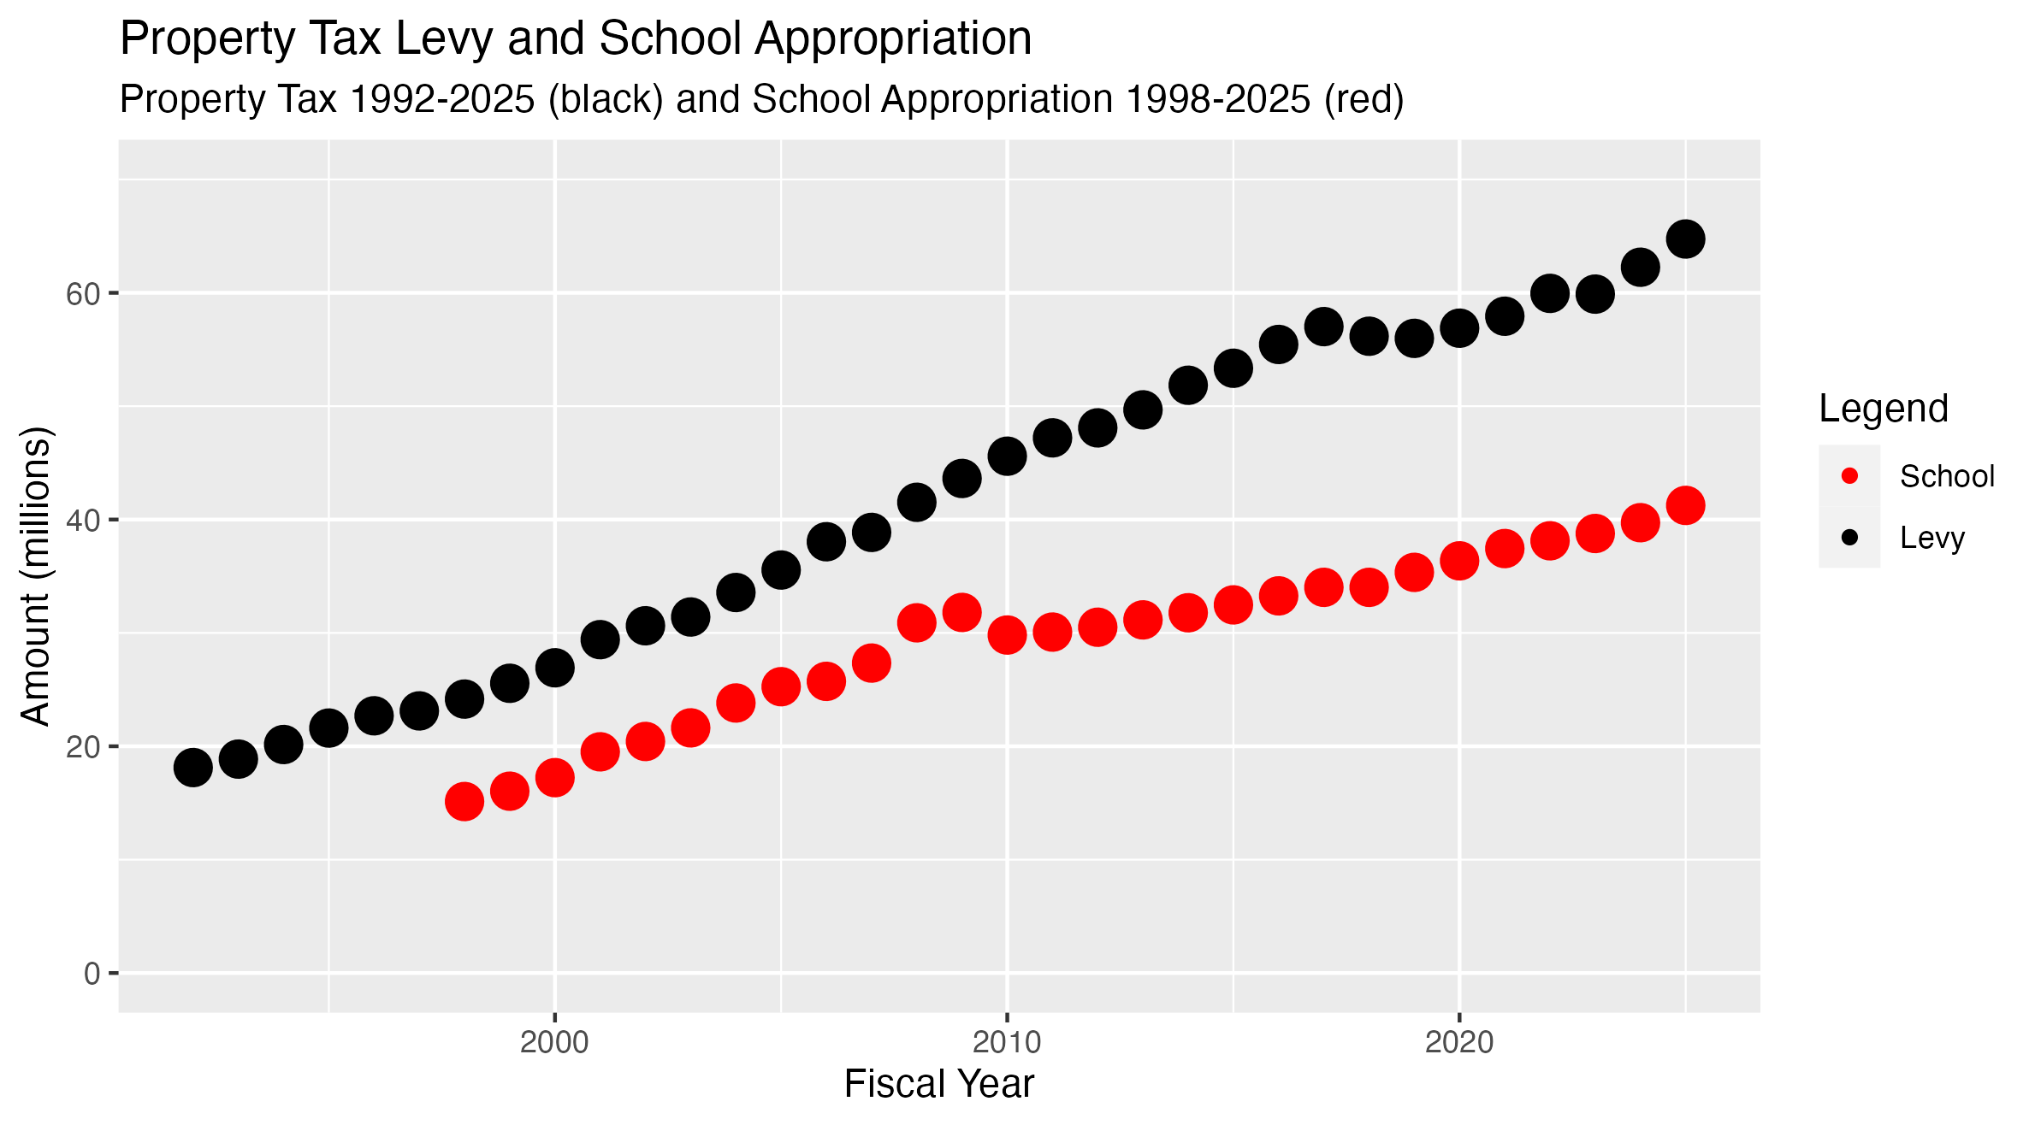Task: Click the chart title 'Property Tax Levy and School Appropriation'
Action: tap(576, 39)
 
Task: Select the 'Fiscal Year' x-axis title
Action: tap(938, 1084)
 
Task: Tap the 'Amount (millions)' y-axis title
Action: tap(36, 575)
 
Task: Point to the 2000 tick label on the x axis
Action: tap(555, 1042)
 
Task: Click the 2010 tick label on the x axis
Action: tap(1007, 1042)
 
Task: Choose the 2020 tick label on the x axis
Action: tap(1459, 1042)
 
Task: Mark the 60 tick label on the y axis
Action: tap(83, 294)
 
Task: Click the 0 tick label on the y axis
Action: tap(92, 974)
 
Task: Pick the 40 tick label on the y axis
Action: tap(83, 521)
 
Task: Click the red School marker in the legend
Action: tap(1849, 476)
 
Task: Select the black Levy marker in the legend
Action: tap(1849, 538)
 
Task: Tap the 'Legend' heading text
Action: tap(1884, 409)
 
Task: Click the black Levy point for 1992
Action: tap(193, 768)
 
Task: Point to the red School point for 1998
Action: tap(464, 801)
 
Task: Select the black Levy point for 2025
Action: tap(1685, 239)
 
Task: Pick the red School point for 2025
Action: tap(1685, 506)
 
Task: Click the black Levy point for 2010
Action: tap(1007, 456)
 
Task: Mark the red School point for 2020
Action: tap(1459, 561)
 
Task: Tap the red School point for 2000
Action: tap(555, 778)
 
